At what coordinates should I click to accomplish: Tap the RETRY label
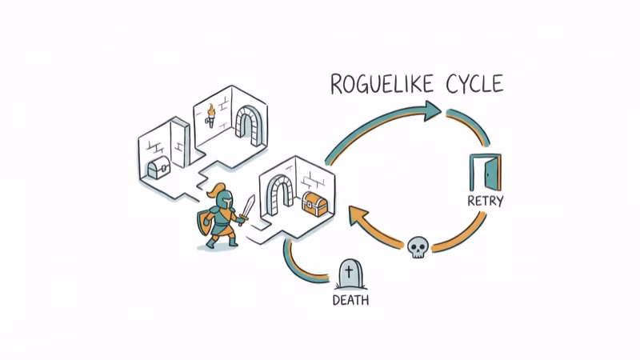[485, 201]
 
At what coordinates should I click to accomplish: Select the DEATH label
[350, 301]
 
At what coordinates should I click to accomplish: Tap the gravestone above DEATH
[350, 274]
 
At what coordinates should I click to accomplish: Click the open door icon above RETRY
[486, 172]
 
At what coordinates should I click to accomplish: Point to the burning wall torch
[210, 115]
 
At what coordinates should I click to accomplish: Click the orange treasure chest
[315, 206]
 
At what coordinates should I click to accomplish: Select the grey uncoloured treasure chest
[156, 169]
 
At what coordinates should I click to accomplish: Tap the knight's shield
[203, 225]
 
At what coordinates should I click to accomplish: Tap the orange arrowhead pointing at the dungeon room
[357, 216]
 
